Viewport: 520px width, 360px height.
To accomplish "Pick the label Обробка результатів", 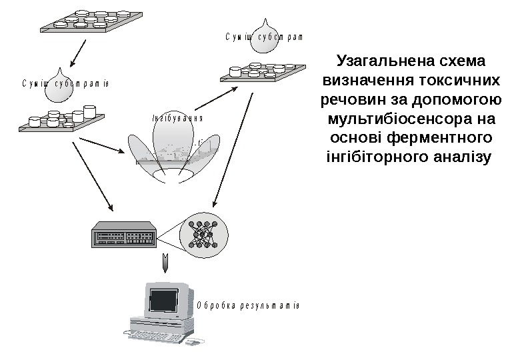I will [x=248, y=306].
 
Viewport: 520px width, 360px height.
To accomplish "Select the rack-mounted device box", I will [x=125, y=234].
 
